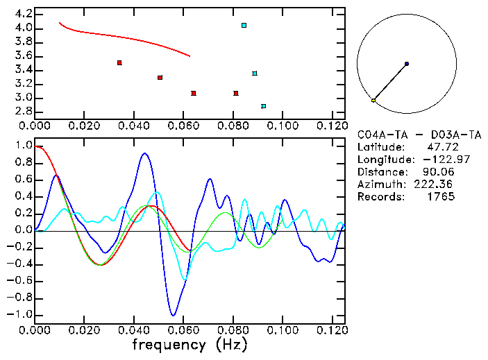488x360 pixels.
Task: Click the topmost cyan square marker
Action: click(x=244, y=26)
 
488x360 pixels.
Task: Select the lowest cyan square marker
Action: click(x=264, y=106)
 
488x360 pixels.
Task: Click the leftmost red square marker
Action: click(x=119, y=63)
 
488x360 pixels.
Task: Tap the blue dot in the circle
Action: click(x=406, y=64)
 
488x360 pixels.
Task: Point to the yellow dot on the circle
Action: click(x=373, y=101)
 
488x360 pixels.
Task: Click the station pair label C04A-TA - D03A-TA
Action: click(x=419, y=135)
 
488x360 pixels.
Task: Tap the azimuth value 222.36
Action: click(x=437, y=185)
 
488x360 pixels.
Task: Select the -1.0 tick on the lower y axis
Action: click(x=21, y=314)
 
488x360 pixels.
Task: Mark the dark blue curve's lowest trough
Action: click(x=173, y=316)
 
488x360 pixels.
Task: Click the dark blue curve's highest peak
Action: click(x=144, y=153)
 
